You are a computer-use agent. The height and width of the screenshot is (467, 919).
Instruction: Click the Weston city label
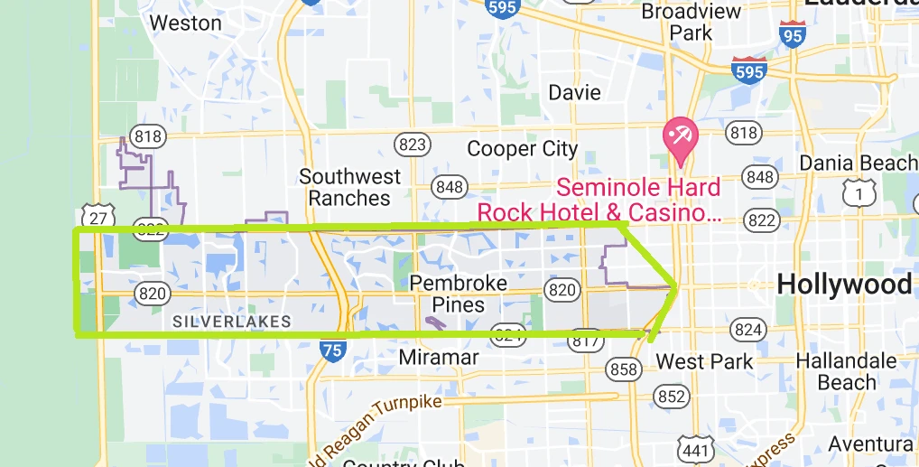pos(186,23)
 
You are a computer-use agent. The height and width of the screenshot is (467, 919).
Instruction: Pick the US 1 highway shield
pos(859,191)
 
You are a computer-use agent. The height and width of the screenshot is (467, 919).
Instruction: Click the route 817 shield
pos(585,341)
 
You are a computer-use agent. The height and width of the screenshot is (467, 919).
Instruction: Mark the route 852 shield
pos(672,396)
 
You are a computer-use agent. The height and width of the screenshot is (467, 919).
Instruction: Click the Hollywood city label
pos(843,284)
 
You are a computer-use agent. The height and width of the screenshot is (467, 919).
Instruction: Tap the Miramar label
pos(439,358)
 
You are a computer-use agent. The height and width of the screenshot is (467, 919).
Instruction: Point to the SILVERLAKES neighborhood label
pos(232,322)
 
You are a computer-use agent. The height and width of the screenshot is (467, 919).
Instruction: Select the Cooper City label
pos(522,149)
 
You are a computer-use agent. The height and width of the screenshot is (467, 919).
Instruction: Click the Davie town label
pos(574,92)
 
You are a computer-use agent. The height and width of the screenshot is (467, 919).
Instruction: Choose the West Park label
pos(704,362)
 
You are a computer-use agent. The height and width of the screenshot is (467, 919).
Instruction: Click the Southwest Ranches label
pos(345,187)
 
